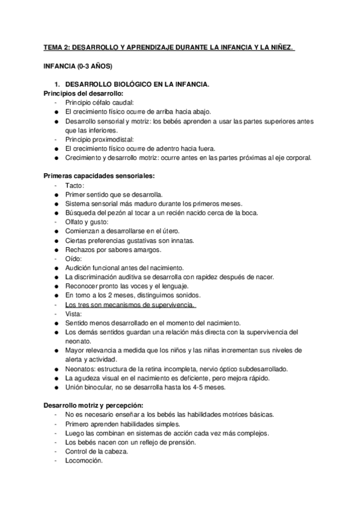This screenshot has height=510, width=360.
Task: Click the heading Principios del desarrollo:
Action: coord(84,94)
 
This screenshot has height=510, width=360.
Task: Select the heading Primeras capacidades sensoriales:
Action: coord(99,176)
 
